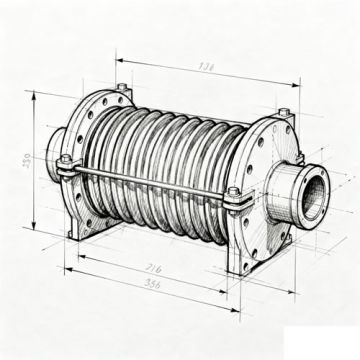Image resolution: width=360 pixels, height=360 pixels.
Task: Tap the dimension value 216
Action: click(x=154, y=268)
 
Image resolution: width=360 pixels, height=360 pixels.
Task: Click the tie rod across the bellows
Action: click(x=150, y=181)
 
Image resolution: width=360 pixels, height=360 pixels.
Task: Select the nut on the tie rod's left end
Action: click(x=66, y=160)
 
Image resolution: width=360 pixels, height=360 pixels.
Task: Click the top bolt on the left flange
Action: click(x=121, y=88)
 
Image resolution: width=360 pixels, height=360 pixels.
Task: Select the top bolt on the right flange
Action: click(x=283, y=112)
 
